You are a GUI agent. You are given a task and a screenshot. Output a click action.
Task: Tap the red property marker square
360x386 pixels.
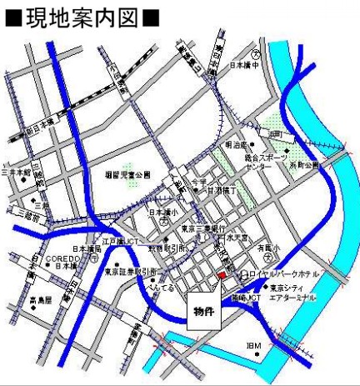pos(221,274)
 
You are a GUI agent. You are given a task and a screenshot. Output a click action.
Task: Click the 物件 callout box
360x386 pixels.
pos(203,311)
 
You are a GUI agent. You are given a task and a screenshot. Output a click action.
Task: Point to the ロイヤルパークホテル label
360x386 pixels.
pos(280,273)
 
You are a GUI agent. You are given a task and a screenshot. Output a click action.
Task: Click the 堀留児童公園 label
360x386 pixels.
pos(128,176)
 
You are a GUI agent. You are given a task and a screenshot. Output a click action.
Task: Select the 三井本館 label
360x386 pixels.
pos(16,173)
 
